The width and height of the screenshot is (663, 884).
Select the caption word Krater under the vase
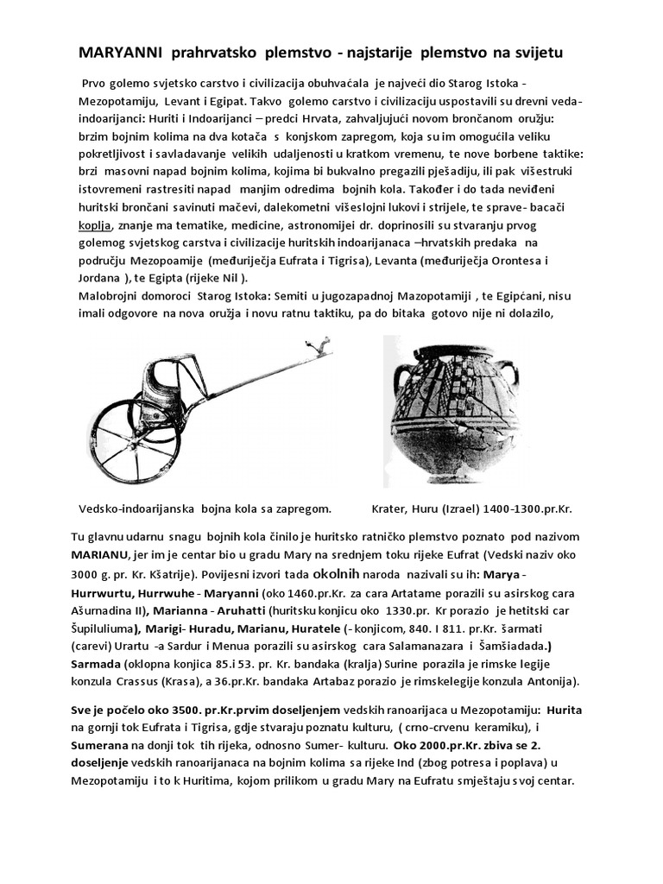391,508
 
